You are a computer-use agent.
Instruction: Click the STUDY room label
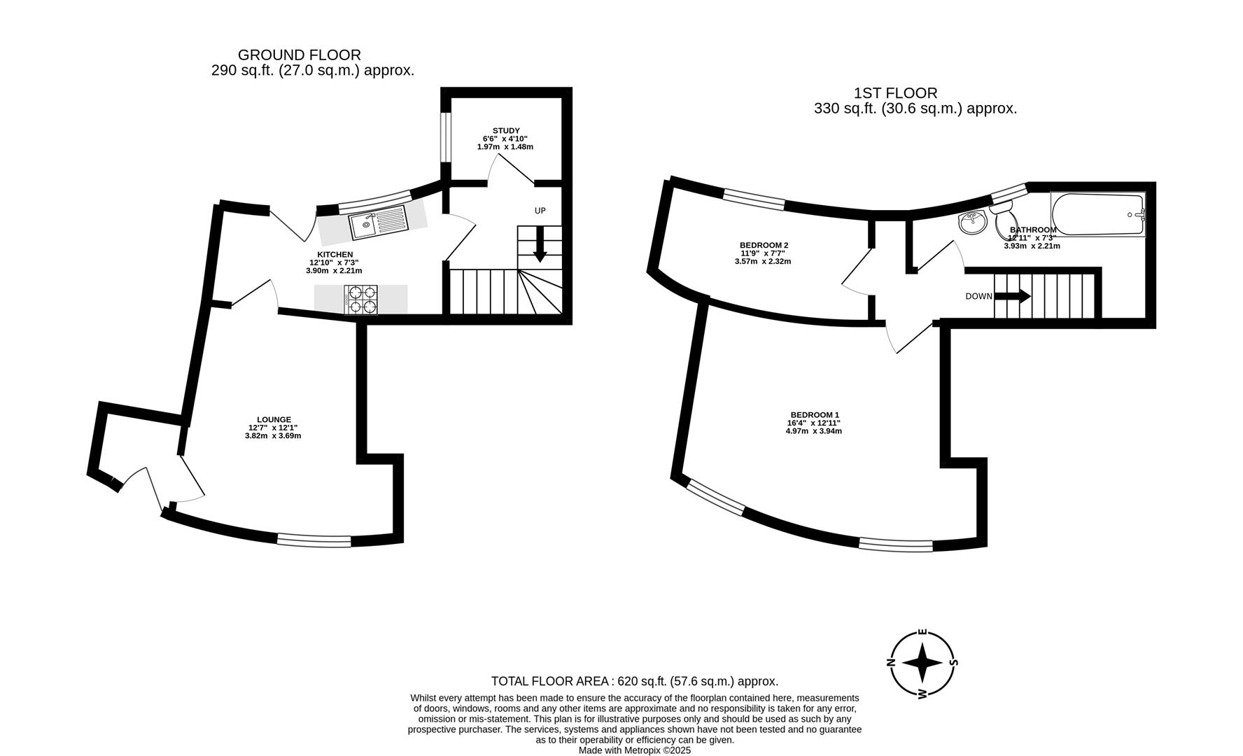tap(506, 131)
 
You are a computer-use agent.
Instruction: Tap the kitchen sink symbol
tap(379, 223)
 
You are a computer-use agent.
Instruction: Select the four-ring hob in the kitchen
tap(360, 299)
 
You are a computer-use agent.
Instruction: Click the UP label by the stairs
tap(540, 211)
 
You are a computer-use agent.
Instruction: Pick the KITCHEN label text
tap(335, 255)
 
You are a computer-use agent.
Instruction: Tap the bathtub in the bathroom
tap(1097, 213)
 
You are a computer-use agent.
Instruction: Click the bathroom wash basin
tap(972, 223)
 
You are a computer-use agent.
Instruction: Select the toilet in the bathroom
tap(1000, 208)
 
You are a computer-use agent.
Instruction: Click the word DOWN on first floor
tap(978, 297)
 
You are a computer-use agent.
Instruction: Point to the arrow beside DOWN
tap(1013, 297)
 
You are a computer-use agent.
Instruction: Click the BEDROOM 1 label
tap(815, 415)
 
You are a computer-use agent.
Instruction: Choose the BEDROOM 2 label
tap(764, 245)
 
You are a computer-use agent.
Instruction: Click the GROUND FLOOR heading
tap(300, 55)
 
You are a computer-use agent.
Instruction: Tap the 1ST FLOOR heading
tap(896, 93)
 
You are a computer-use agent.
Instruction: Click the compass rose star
tap(922, 662)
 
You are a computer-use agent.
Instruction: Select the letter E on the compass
tap(922, 633)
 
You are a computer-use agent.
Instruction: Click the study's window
tap(444, 137)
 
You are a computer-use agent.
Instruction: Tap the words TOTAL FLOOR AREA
tap(552, 681)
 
